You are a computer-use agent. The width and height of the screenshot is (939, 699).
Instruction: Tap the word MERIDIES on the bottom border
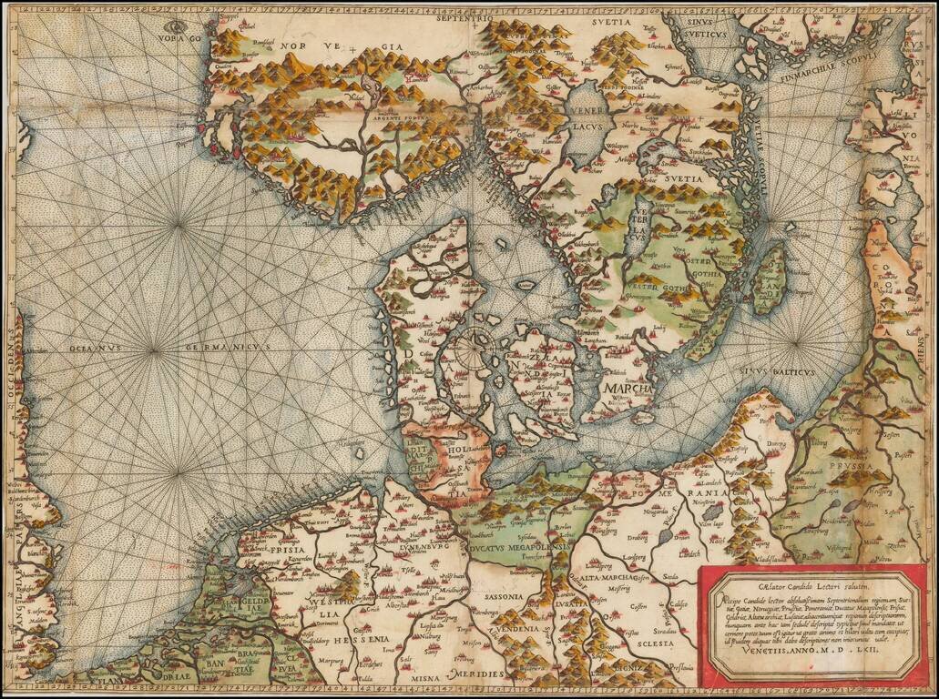coord(477,677)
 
